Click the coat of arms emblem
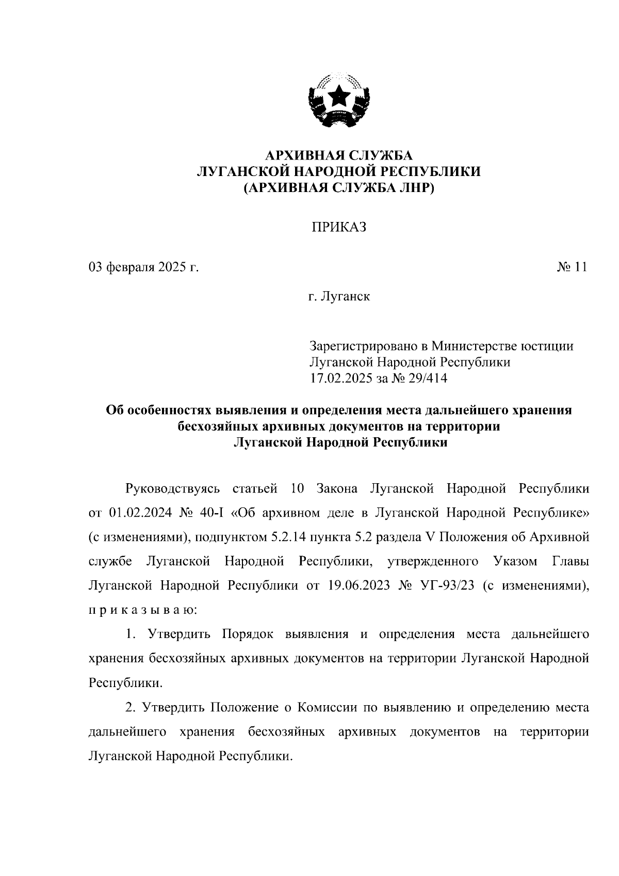[338, 102]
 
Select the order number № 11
[572, 267]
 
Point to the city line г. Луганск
[339, 297]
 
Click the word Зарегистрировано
[364, 346]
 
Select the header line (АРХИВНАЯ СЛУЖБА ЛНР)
[339, 188]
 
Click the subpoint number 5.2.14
[286, 537]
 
